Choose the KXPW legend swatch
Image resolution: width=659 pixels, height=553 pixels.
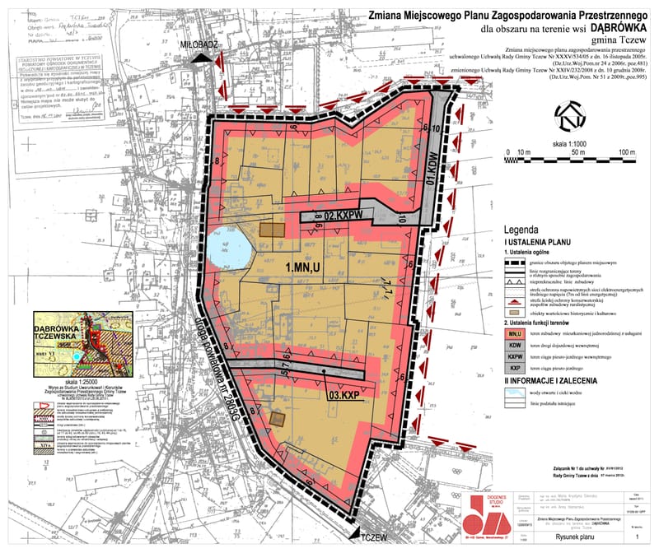click(x=516, y=359)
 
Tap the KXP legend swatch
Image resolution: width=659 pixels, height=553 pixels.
click(x=516, y=370)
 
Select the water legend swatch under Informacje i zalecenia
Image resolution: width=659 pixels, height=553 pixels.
click(x=516, y=393)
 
